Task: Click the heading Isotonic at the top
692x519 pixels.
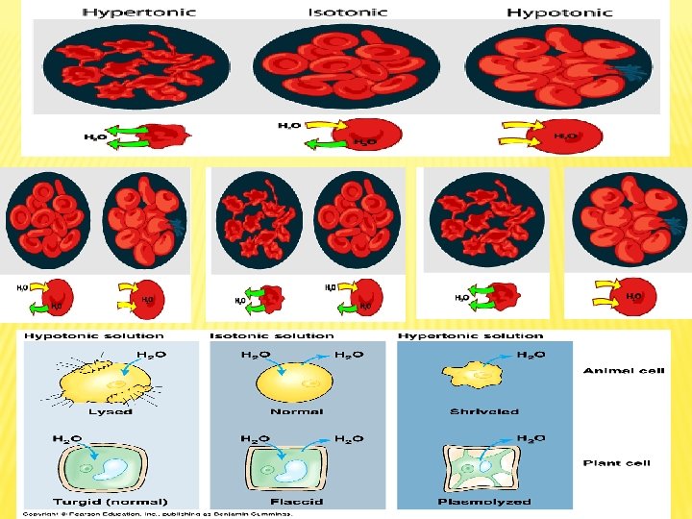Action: tap(347, 12)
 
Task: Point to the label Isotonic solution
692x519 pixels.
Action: tap(272, 336)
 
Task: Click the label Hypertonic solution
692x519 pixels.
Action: tap(471, 336)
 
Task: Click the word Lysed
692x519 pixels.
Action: tap(111, 411)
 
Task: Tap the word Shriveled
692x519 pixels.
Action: tap(484, 411)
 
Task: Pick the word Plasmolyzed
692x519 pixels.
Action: tap(484, 501)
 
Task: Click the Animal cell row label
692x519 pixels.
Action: tap(624, 371)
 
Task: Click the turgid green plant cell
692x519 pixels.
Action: tap(111, 466)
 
